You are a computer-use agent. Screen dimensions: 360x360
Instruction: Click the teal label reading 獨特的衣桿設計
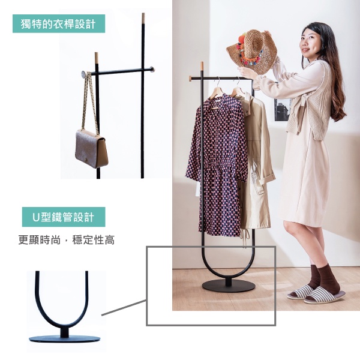[x=59, y=23]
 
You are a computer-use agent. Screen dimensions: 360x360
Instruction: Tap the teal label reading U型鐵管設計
[x=64, y=217]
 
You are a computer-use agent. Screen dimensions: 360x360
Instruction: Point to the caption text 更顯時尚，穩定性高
[x=67, y=240]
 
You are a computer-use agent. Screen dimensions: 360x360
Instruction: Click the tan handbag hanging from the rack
[x=92, y=148]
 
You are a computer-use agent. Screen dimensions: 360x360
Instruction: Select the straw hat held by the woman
[x=252, y=51]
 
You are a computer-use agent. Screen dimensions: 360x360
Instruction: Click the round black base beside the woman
[x=229, y=286]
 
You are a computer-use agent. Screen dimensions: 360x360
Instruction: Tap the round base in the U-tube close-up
[x=65, y=339]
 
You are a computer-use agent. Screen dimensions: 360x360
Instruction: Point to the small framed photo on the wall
[x=282, y=110]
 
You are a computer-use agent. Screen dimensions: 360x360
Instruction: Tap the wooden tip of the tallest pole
[x=143, y=18]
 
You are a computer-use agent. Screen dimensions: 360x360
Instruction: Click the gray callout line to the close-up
[x=124, y=307]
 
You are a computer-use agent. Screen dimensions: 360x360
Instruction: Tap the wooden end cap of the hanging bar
[x=191, y=78]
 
